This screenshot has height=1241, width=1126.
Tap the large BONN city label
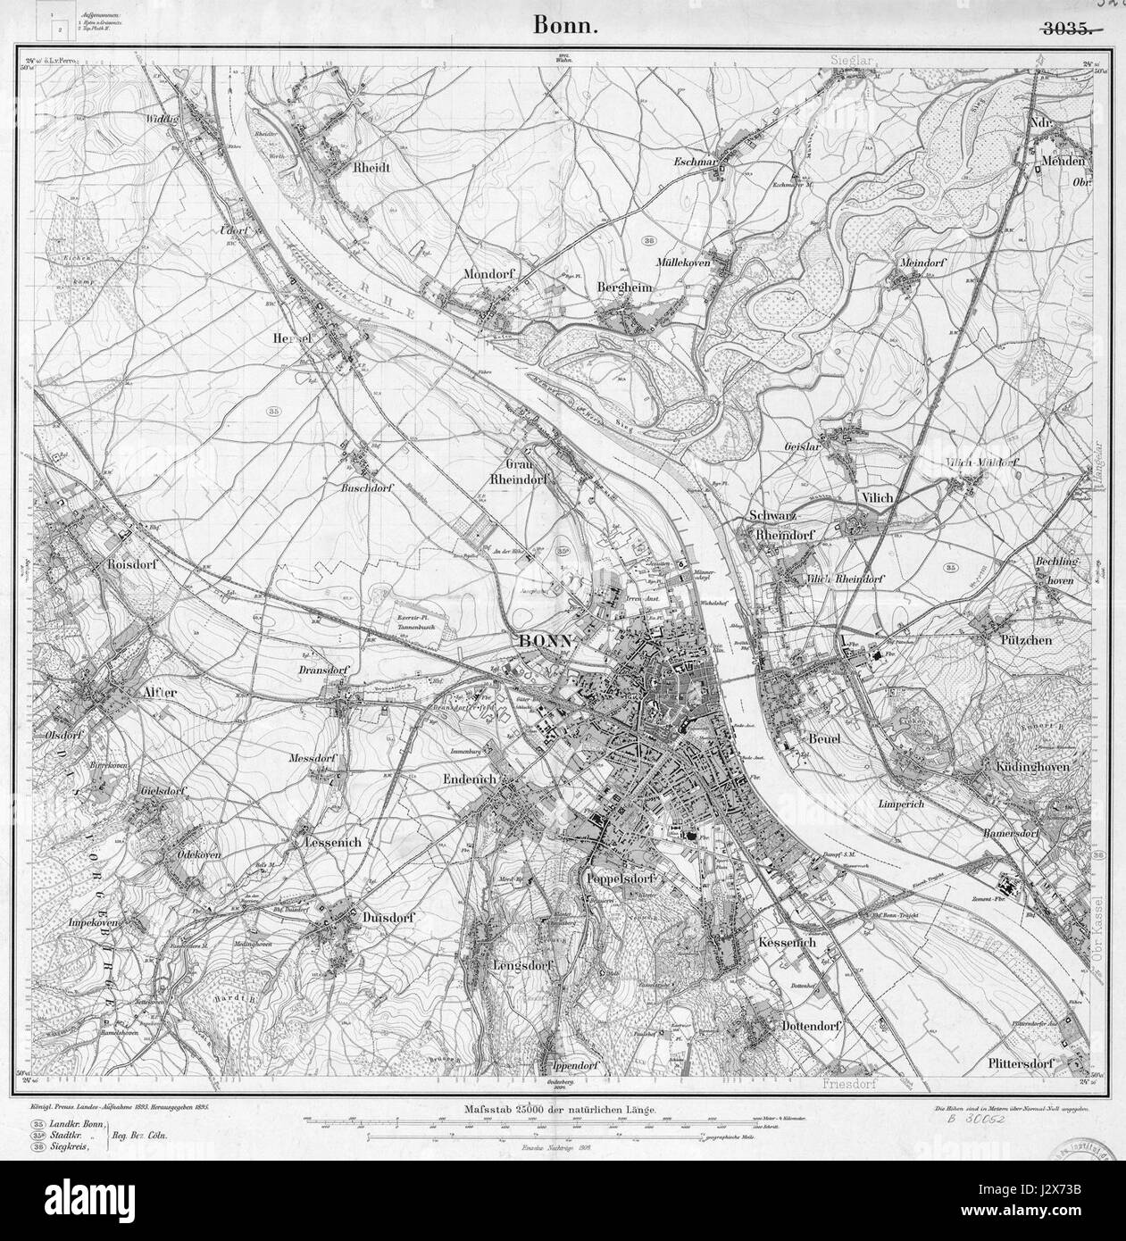(x=546, y=642)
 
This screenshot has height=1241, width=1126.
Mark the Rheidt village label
(x=371, y=167)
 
